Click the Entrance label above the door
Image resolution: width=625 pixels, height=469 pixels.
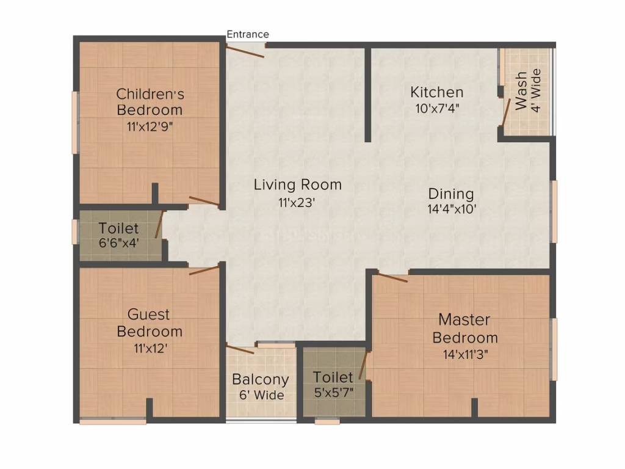248,34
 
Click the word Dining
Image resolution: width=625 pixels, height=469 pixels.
451,194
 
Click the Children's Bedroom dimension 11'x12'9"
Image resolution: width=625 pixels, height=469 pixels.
150,128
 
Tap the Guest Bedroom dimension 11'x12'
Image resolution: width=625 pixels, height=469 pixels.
150,349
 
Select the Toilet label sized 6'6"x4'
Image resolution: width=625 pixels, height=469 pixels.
119,228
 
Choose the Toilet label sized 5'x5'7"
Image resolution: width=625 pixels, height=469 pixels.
333,377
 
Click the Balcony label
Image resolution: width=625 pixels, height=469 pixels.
261,379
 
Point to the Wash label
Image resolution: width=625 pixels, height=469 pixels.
521,91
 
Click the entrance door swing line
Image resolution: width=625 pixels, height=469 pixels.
247,51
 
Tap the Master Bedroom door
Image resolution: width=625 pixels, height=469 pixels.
391,278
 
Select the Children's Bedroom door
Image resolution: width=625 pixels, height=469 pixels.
204,201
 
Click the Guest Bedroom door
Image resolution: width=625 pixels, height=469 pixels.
204,270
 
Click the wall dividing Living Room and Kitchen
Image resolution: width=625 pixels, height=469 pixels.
368,95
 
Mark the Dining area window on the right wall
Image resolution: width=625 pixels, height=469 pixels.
554,211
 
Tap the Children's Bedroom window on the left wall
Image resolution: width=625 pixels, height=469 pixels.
75,122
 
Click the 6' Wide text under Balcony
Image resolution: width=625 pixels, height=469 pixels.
261,395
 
